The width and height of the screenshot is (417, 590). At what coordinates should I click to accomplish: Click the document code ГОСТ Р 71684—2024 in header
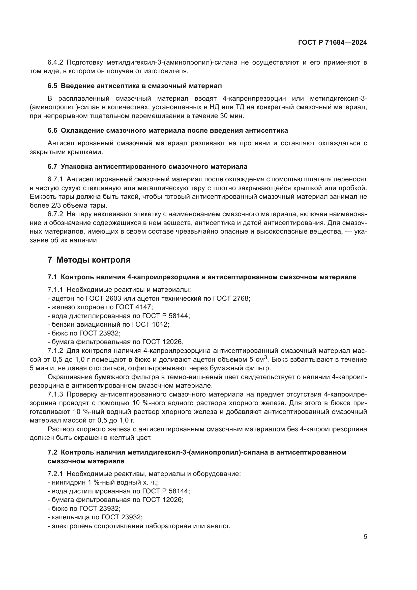pos(333,43)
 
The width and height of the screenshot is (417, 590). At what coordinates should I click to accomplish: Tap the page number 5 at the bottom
pos(365,537)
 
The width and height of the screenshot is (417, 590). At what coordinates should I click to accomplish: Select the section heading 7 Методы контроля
pos(89,260)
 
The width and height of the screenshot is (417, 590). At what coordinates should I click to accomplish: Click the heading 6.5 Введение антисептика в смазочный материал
pos(135,86)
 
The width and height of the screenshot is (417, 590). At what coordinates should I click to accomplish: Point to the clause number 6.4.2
pos(55,63)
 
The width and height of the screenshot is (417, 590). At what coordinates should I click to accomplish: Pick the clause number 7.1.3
pos(55,394)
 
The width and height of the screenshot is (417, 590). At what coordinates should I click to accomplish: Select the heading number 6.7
pos(52,166)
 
